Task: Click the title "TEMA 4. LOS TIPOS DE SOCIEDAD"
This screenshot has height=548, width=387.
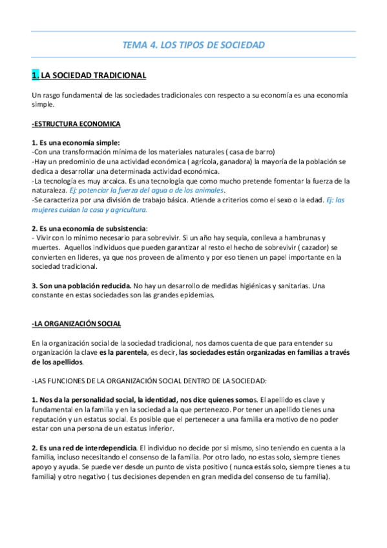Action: coord(193,45)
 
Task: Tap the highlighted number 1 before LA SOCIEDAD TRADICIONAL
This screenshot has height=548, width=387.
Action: coord(36,76)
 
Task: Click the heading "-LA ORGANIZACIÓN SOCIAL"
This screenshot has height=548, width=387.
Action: coord(76,323)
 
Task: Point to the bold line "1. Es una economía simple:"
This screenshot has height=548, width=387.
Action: coord(76,142)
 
